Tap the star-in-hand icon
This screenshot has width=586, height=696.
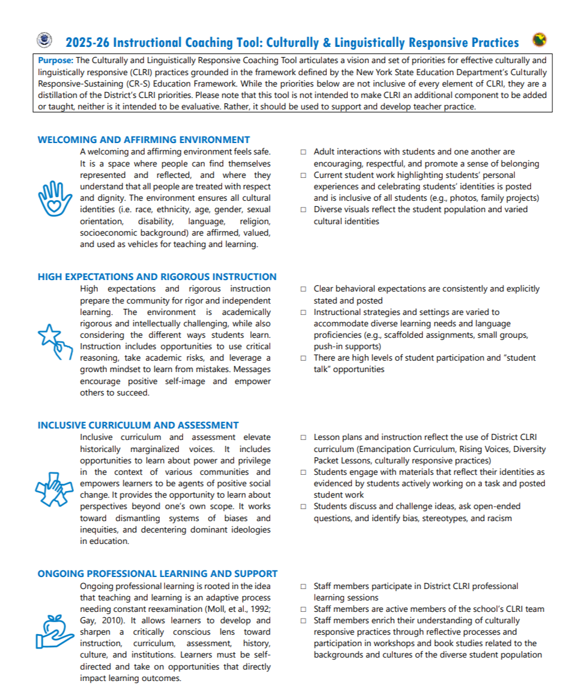pos(52,341)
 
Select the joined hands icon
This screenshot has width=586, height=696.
pos(52,483)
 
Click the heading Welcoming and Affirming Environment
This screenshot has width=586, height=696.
pos(144,139)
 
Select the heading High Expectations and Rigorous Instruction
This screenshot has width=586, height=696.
pos(157,277)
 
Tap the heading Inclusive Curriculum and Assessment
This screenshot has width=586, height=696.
pos(138,425)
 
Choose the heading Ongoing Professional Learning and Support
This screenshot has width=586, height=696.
pos(157,573)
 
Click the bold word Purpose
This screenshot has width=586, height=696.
pos(56,60)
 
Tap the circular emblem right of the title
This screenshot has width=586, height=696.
pos(539,40)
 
